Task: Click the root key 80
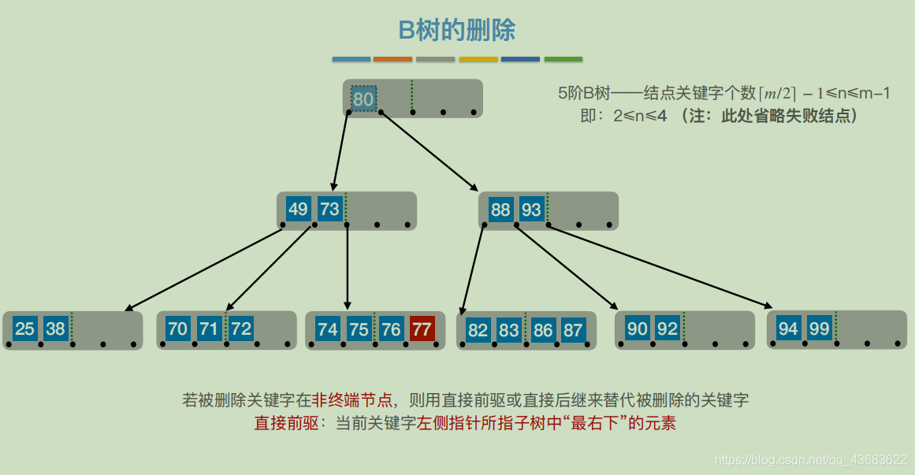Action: coord(363,99)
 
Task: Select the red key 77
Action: coord(422,328)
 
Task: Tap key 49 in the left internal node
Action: coord(298,210)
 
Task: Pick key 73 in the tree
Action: coord(329,210)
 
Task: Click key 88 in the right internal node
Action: coord(500,210)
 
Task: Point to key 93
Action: coord(532,210)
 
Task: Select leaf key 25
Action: coord(24,328)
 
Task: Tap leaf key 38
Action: coord(55,328)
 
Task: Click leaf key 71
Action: coord(209,328)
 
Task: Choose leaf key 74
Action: coord(327,328)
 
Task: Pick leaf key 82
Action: coord(478,330)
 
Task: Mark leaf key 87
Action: coord(573,330)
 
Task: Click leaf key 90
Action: coord(637,328)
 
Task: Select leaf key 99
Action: coord(819,328)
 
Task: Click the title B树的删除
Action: coord(457,31)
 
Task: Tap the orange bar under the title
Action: coord(392,59)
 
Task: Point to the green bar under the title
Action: coord(563,59)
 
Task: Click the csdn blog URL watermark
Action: coord(809,459)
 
